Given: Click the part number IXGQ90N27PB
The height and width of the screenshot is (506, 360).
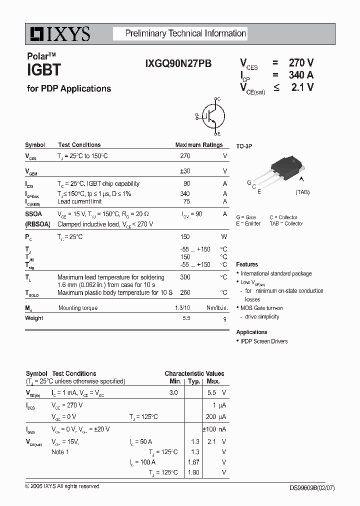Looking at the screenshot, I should click(178, 63).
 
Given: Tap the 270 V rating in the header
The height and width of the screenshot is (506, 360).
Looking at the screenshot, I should click(301, 63).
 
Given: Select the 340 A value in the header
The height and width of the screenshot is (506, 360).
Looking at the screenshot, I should click(301, 75).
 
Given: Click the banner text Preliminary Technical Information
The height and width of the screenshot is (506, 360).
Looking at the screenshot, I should click(185, 33).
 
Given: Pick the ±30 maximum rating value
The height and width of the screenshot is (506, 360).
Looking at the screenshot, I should click(185, 171).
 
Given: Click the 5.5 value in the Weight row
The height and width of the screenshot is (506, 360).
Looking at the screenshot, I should click(186, 318).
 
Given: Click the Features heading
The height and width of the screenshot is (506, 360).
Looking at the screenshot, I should click(247, 264).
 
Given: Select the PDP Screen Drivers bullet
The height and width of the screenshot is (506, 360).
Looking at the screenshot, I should click(264, 341).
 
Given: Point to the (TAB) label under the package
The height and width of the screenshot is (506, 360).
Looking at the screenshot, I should click(302, 192).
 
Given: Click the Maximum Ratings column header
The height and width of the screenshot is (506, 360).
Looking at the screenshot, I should click(198, 145).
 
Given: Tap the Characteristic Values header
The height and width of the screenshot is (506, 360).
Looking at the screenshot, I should click(194, 373).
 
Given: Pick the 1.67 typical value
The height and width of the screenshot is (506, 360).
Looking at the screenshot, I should click(193, 462).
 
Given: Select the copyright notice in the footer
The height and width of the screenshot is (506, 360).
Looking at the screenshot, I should click(62, 486).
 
